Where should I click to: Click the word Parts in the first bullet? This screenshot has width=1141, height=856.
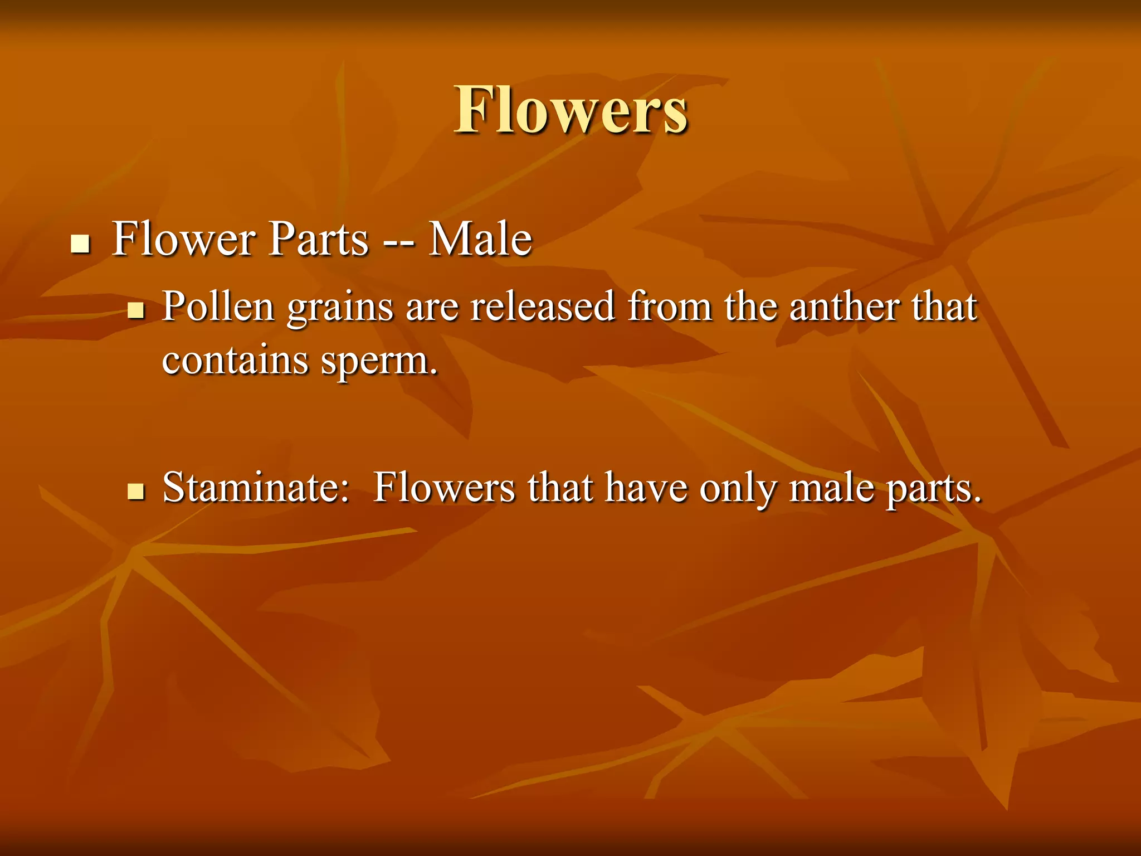pos(319,239)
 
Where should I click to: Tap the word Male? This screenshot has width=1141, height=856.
pos(480,239)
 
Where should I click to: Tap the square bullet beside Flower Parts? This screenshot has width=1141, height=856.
pos(81,244)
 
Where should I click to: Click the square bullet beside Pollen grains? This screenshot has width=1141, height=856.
pos(136,310)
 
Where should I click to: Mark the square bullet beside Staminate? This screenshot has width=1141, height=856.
pos(136,492)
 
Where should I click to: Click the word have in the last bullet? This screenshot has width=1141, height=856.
pos(646,488)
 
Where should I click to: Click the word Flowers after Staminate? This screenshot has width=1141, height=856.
pos(444,488)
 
